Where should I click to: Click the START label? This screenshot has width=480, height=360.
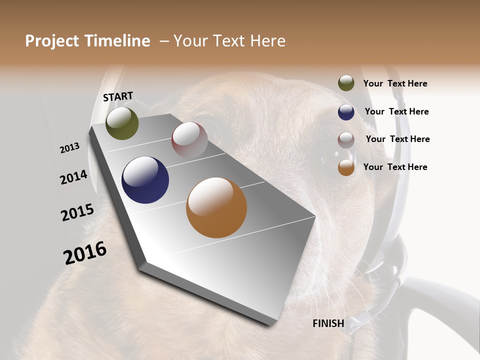118,96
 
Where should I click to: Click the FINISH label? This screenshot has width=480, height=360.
328,323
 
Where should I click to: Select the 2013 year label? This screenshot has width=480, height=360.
69,148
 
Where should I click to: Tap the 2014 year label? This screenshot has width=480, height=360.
73,177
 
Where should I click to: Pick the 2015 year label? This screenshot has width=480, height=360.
77,212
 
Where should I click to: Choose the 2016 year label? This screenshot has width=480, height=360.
85,253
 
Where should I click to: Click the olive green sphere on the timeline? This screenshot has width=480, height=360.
122,123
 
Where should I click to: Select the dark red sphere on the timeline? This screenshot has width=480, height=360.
189,140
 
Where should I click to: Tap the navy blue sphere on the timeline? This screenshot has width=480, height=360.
145,180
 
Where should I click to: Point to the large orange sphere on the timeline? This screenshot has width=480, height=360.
216,207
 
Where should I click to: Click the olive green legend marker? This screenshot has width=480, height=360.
346,83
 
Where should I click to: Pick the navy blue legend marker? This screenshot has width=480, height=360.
346,112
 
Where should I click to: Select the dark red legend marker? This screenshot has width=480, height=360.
346,139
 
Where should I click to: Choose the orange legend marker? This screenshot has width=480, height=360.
346,167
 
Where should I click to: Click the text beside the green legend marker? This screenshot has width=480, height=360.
395,84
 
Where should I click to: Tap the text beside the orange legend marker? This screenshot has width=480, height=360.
395,167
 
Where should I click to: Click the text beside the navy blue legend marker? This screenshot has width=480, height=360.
396,111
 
